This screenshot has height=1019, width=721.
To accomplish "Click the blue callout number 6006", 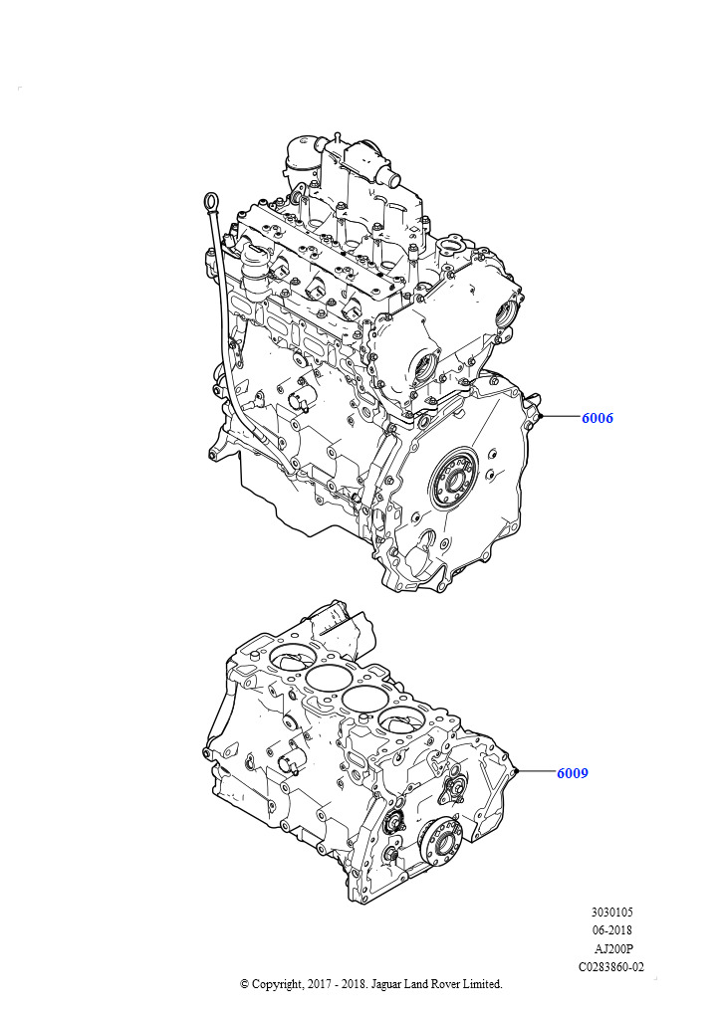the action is [597, 418].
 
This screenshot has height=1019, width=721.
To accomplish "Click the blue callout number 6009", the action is [572, 772].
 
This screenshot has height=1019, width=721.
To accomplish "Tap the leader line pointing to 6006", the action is [561, 417].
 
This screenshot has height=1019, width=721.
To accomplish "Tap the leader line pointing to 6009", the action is [536, 771].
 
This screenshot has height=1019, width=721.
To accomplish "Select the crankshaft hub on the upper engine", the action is [454, 480].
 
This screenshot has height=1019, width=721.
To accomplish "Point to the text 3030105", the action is [611, 912].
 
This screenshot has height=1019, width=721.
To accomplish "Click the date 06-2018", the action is [611, 930].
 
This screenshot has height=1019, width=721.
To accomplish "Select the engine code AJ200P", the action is [611, 948].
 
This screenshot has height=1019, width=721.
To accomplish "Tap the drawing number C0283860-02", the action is [611, 966].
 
